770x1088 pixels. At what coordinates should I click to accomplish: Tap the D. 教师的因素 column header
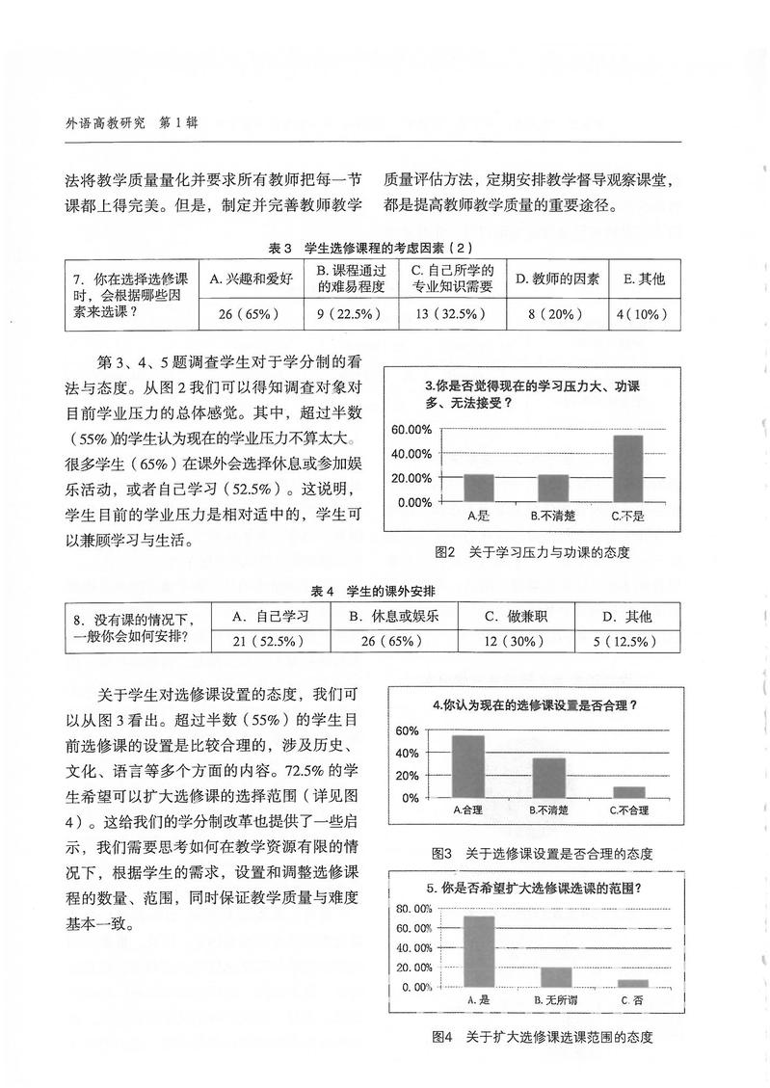click(556, 279)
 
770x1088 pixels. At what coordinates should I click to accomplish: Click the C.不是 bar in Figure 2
click(627, 468)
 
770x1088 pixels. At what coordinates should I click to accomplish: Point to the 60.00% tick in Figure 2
click(412, 430)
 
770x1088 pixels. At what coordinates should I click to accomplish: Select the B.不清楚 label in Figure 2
click(553, 516)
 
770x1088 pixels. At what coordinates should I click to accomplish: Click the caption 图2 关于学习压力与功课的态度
click(538, 553)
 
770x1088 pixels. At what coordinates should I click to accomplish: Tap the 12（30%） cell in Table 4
click(516, 641)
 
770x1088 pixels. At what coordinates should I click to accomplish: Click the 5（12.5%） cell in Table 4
click(626, 641)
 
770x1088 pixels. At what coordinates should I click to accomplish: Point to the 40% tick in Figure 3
click(407, 753)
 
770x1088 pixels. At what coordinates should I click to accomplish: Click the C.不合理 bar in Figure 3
click(628, 792)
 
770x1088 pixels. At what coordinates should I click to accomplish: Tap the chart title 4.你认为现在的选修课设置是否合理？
click(535, 704)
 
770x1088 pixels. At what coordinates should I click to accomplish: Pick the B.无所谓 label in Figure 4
click(556, 1001)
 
